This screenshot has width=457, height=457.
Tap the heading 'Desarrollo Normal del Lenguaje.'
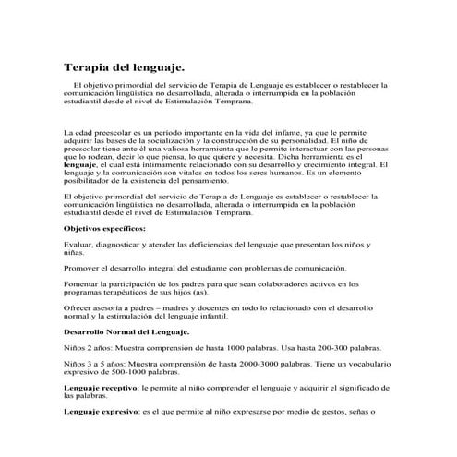coord(126,331)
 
